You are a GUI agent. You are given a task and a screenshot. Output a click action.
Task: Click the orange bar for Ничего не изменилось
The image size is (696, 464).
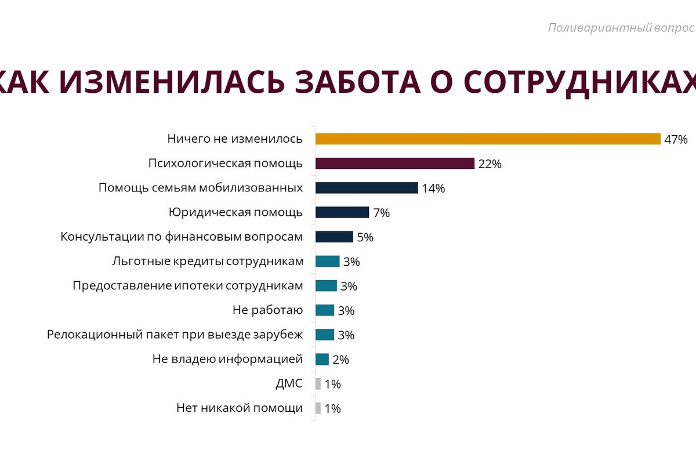pyautogui.click(x=487, y=139)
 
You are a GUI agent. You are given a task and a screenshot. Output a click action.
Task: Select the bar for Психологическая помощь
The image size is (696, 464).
pyautogui.click(x=394, y=163)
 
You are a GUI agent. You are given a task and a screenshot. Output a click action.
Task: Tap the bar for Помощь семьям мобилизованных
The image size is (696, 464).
pyautogui.click(x=366, y=188)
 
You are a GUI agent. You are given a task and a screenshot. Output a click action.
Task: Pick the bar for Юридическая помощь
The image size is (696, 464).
pyautogui.click(x=342, y=212)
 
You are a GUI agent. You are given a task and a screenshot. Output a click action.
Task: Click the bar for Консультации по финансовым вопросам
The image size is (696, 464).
pyautogui.click(x=334, y=237)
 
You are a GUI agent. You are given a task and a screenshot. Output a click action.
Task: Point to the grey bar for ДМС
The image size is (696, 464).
pyautogui.click(x=318, y=383)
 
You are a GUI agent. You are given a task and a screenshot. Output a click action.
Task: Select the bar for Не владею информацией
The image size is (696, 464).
pyautogui.click(x=322, y=359)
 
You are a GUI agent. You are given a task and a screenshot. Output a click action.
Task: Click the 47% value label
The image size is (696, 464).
pyautogui.click(x=676, y=140)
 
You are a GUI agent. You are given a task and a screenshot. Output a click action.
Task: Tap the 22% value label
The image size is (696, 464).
pyautogui.click(x=490, y=164)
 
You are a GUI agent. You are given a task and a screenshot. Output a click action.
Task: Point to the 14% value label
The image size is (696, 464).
pyautogui.click(x=433, y=188)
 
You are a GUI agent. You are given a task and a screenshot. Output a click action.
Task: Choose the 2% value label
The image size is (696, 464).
pyautogui.click(x=340, y=360)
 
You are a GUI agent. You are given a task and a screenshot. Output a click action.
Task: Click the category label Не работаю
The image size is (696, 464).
pyautogui.click(x=267, y=310)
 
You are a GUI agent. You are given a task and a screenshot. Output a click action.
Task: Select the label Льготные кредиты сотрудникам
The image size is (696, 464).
pyautogui.click(x=207, y=261)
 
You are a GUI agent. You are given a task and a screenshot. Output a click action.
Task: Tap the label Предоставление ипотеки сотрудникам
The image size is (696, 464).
pyautogui.click(x=187, y=286)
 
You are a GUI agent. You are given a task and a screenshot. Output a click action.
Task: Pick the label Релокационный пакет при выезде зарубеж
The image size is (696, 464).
pyautogui.click(x=175, y=335)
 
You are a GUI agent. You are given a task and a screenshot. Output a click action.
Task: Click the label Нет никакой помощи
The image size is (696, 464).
pyautogui.click(x=239, y=408)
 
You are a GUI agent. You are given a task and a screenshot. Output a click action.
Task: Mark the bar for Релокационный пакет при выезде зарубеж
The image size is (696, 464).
pyautogui.click(x=325, y=335)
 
